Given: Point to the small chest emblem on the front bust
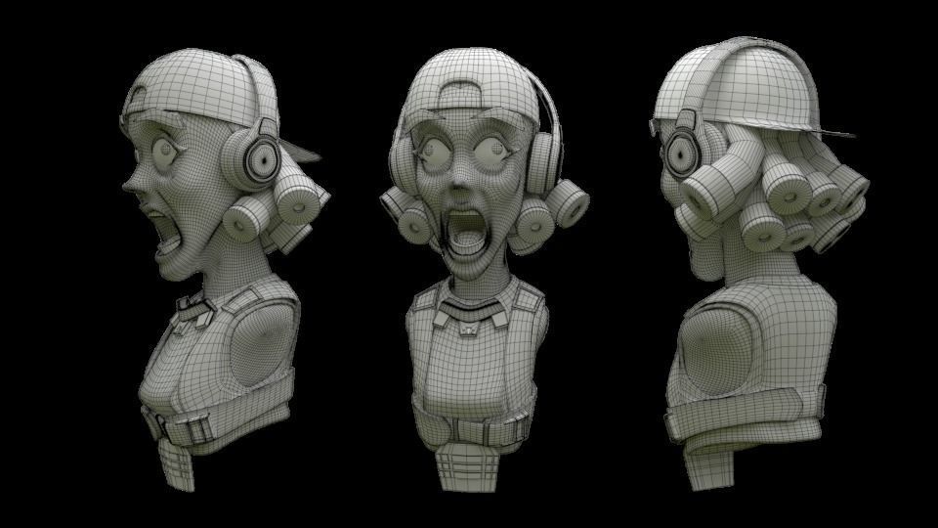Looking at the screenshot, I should coord(469,330).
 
